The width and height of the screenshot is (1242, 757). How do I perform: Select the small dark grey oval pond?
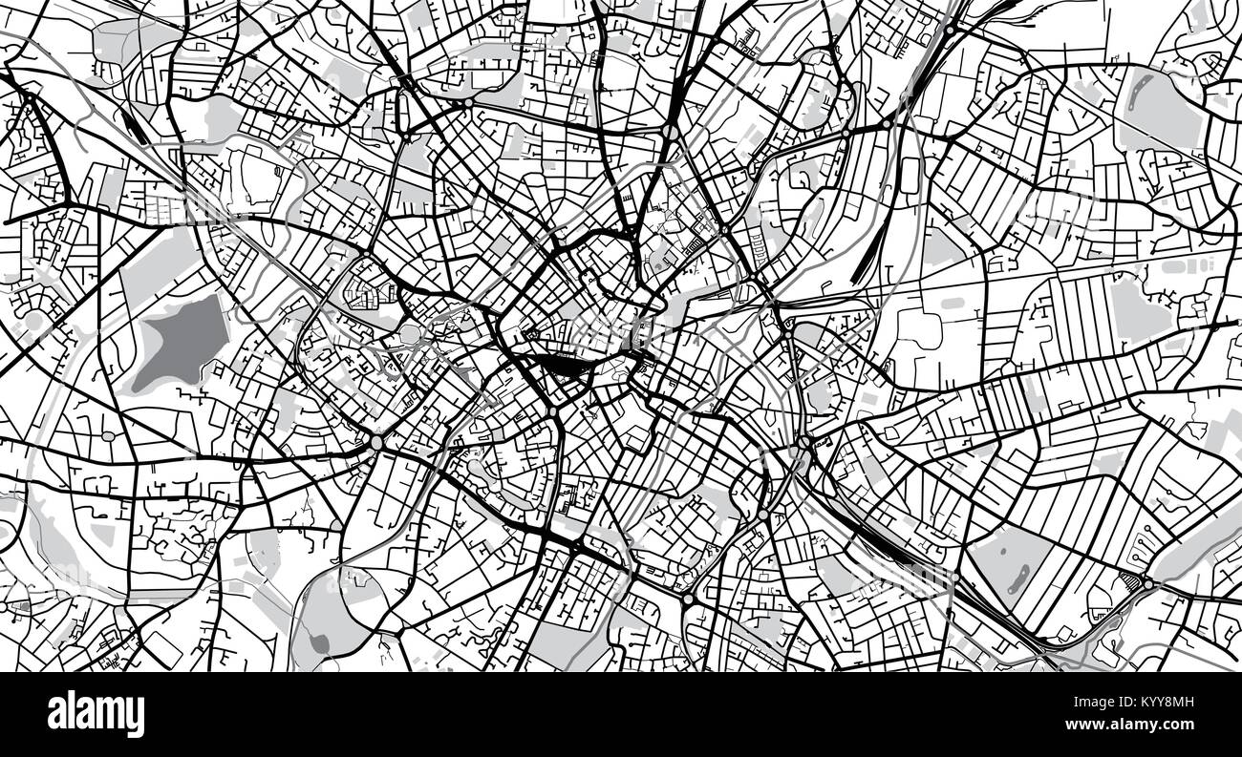[319, 644]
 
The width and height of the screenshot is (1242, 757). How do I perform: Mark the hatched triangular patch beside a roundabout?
[1135, 580]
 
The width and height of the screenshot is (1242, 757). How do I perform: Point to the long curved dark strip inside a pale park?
[1017, 578]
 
